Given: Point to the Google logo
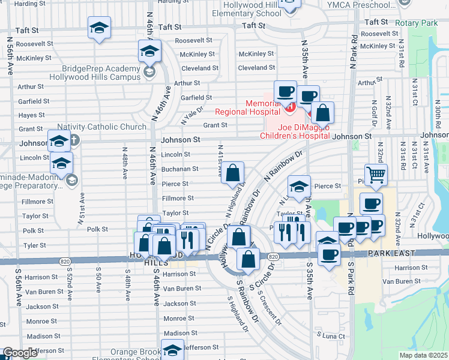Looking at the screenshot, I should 20,353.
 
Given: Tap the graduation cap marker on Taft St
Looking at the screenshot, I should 100,28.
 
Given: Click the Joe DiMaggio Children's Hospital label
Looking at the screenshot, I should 292,131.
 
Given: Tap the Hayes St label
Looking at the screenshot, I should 31,115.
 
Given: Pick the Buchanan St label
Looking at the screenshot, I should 179,169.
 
